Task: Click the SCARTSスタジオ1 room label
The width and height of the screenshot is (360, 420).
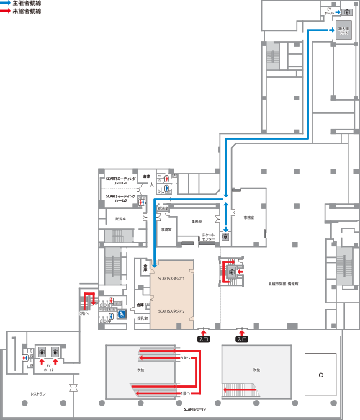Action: point(172,278)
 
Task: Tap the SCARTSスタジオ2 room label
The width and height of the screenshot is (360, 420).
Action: point(172,311)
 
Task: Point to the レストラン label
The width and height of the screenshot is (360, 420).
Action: point(39,393)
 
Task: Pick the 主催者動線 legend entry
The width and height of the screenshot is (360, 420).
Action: point(28,4)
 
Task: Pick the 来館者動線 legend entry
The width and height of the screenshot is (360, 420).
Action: point(28,12)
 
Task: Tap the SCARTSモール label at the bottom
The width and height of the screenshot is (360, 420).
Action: point(194,409)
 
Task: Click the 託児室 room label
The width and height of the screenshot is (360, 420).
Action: point(121,219)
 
